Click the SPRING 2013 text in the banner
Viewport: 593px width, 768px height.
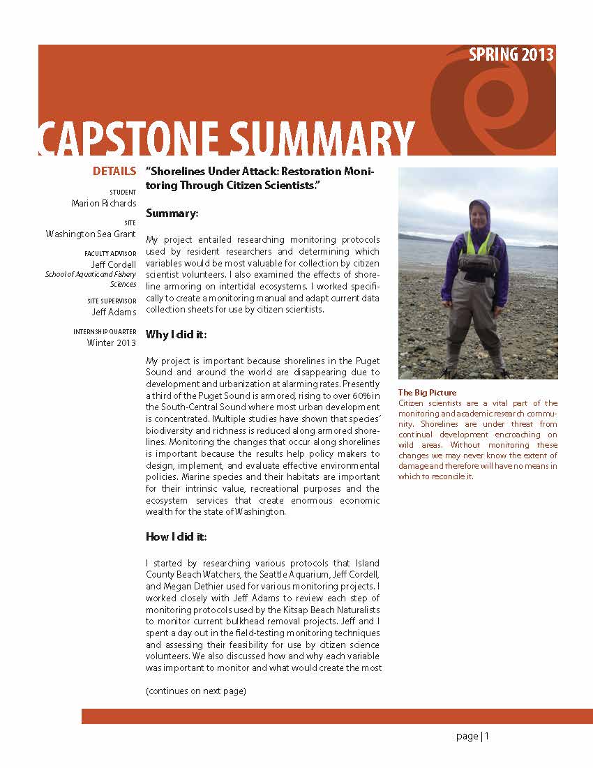click(511, 54)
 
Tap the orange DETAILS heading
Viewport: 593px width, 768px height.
click(114, 172)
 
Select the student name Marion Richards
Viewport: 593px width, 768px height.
click(104, 204)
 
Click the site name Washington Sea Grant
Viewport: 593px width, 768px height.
click(91, 234)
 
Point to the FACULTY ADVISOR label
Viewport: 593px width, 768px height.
click(110, 254)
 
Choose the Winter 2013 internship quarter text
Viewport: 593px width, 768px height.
click(112, 342)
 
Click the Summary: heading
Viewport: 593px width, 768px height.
click(172, 213)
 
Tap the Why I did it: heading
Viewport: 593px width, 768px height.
click(176, 335)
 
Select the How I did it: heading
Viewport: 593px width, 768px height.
click(176, 536)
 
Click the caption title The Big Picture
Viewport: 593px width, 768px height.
click(427, 393)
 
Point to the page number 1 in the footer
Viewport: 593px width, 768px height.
click(488, 736)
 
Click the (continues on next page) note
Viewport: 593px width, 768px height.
click(196, 691)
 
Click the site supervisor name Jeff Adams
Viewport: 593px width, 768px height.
click(114, 312)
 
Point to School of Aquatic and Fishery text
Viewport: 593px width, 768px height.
click(91, 275)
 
